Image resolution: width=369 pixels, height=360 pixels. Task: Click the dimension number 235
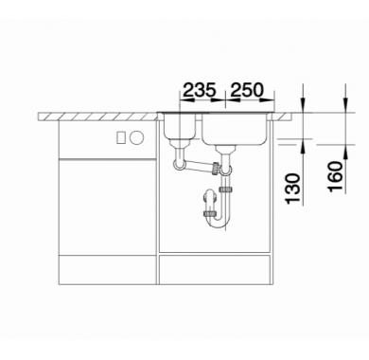pos(200,90)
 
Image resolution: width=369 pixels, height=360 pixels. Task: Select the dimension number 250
pos(247,90)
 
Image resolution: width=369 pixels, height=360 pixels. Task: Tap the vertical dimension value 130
pos(292,189)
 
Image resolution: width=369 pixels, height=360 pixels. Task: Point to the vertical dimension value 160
pos(335,176)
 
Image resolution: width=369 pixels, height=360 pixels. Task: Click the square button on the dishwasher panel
pos(121,137)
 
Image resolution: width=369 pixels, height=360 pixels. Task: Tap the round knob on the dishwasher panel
pos(137,137)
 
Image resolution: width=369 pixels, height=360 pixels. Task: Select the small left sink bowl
pos(180,128)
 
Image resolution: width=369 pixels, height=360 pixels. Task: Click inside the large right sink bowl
pos(235,130)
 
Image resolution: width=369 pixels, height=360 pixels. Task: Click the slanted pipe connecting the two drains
pos(200,166)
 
